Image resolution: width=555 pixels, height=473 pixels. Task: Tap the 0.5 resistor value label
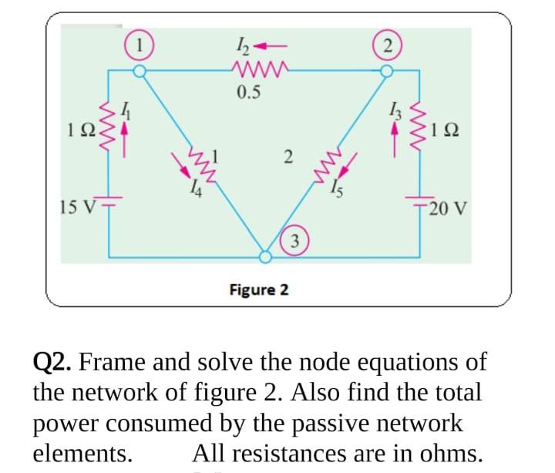249,93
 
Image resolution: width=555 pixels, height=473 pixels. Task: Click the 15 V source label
76,207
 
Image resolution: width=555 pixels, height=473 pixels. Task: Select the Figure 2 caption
260,289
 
